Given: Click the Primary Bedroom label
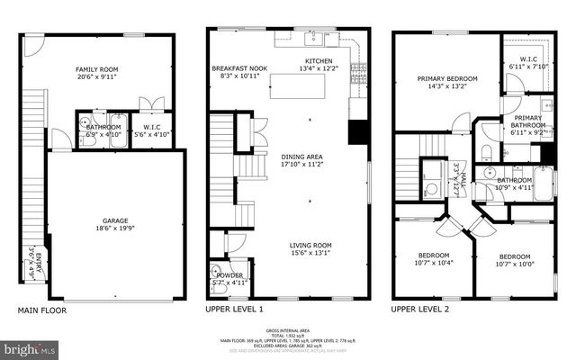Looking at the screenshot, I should click(x=446, y=78).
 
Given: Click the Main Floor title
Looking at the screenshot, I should click(x=42, y=310).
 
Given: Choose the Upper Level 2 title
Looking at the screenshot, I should click(x=420, y=310).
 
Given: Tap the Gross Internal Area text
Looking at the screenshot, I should click(x=293, y=331).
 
